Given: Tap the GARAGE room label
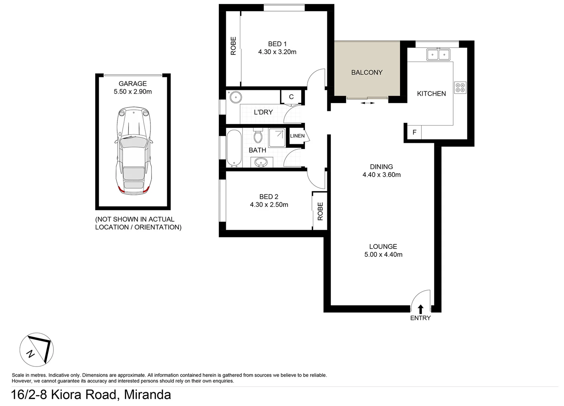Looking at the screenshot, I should [133, 83].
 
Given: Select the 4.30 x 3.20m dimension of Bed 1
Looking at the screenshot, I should [277, 52].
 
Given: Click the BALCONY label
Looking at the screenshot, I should [367, 73].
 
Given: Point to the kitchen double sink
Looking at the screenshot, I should [438, 55].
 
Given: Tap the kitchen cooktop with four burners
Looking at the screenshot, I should [460, 88].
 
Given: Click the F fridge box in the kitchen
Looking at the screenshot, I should [414, 132].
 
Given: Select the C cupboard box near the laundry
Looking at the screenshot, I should [291, 97].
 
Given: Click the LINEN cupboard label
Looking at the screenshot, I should [297, 136].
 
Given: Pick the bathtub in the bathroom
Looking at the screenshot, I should [233, 148].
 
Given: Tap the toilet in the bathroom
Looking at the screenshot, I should [258, 136].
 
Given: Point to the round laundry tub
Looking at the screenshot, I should [235, 97].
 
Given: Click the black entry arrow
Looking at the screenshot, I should [420, 309].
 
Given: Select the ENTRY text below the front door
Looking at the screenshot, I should [420, 318].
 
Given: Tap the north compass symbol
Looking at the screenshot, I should [36, 349].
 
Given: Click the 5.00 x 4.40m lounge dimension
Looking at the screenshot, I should [383, 255].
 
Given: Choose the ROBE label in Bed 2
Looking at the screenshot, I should [320, 211].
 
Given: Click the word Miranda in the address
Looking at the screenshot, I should [147, 395].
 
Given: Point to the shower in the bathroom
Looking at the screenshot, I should [277, 138].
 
